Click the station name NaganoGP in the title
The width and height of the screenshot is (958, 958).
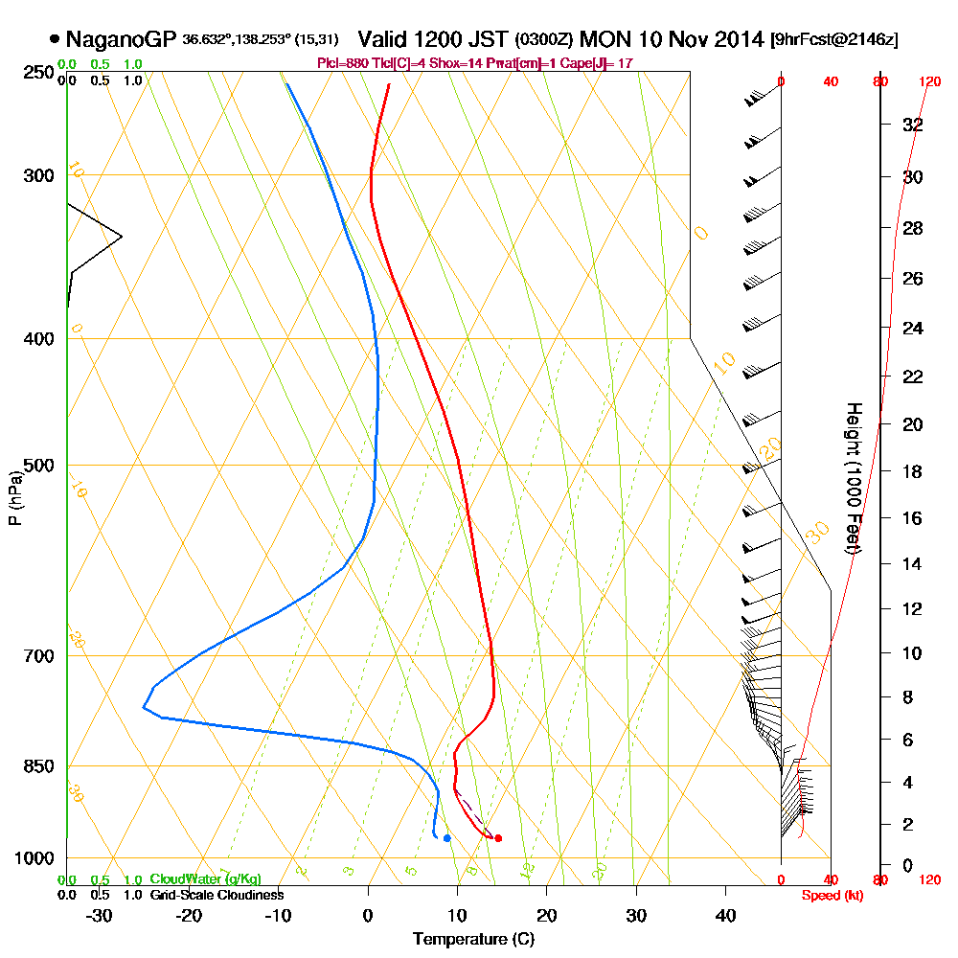[x=121, y=39]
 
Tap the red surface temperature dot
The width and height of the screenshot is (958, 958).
[x=497, y=838]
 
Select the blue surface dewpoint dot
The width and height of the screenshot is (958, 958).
[x=447, y=838]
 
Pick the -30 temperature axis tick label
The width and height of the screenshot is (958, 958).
[x=99, y=916]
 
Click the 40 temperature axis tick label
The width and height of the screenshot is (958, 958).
[x=726, y=916]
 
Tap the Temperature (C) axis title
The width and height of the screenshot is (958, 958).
[x=473, y=939]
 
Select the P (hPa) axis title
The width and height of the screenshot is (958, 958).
[x=14, y=497]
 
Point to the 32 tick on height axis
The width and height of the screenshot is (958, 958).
[x=913, y=125]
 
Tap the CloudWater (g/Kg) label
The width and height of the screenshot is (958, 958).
[x=205, y=878]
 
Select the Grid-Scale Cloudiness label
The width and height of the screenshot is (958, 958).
[x=216, y=894]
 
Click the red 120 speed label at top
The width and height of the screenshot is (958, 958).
[x=929, y=82]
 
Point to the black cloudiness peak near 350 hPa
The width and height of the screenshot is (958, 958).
[x=121, y=237]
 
